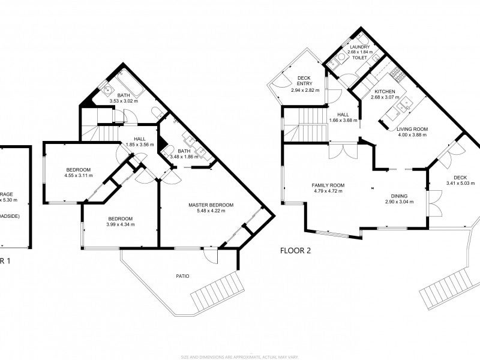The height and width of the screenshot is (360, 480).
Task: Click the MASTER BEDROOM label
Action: coord(211,205)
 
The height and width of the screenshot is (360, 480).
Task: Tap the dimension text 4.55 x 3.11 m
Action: coord(79,175)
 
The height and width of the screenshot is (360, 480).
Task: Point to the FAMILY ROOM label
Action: coord(327,185)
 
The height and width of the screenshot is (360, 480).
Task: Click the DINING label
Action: coord(399,196)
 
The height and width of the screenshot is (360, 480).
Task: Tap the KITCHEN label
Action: coord(385,91)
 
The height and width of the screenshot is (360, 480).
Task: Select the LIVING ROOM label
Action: coord(412,128)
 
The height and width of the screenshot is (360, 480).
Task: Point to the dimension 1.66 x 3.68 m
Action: coord(343,121)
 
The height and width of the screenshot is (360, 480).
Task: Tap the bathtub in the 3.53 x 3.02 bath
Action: coord(128,85)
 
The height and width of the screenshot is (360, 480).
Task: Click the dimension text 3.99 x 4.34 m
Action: coord(121,224)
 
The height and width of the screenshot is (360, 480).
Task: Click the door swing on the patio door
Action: coord(210,255)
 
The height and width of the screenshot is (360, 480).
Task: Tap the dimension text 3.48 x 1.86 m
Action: coord(184,157)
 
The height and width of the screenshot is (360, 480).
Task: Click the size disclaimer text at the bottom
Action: coord(239,356)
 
